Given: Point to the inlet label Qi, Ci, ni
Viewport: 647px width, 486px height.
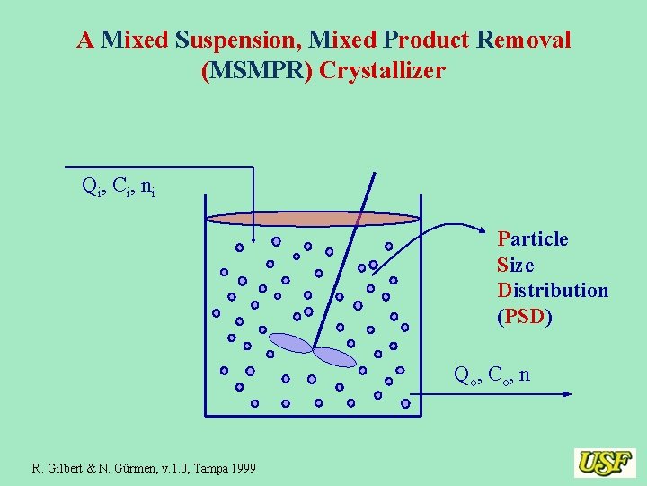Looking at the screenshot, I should pos(118,187).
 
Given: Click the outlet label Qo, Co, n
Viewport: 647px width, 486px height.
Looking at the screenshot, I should pos(492,374).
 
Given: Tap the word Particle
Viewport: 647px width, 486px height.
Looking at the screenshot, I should pos(533,238).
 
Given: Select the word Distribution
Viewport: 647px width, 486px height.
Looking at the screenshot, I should pos(553,291).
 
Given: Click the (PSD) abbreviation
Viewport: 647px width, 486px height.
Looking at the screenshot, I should pos(525,317).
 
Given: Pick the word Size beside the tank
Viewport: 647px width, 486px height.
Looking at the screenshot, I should pos(516,265).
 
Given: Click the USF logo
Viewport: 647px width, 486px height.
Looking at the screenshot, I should pos(605,463).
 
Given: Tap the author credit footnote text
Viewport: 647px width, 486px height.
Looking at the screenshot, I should pos(144,468).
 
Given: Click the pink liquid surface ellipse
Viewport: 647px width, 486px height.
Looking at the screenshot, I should pos(313,219).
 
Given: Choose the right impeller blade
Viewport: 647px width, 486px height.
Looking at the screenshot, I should pos(334,356).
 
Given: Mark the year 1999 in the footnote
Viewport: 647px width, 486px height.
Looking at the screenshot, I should pos(241,468).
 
